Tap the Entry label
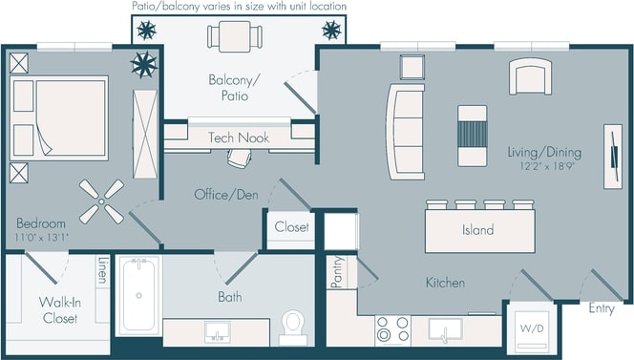click(x=602, y=308)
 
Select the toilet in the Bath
click(x=293, y=327)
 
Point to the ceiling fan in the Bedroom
click(x=100, y=201)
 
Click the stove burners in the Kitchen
click(x=391, y=329)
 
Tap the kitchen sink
click(x=445, y=330)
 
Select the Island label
click(x=477, y=230)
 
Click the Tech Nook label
click(x=239, y=138)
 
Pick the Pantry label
click(x=336, y=273)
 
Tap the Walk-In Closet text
click(x=59, y=311)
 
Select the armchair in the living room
click(x=530, y=76)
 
